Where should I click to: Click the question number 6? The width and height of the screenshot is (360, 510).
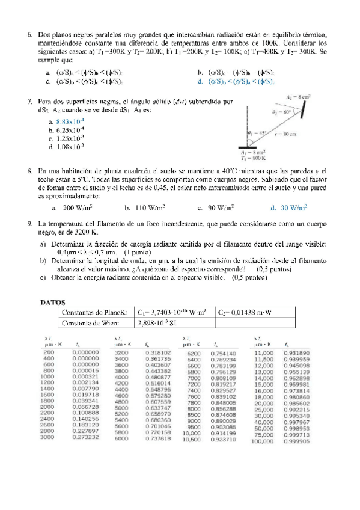point(29,35)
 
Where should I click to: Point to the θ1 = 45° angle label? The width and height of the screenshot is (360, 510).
point(257,134)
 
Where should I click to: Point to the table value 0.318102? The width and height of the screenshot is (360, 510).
point(158,352)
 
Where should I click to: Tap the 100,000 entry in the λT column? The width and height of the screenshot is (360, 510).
point(263,440)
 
